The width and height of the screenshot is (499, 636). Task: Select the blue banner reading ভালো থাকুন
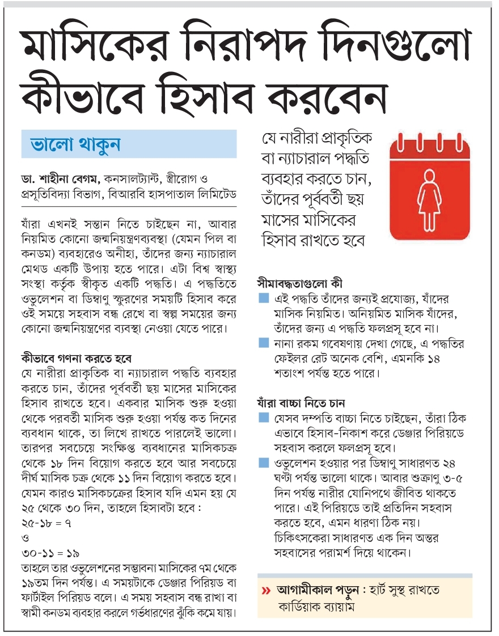128,144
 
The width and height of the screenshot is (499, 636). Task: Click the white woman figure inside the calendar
430,195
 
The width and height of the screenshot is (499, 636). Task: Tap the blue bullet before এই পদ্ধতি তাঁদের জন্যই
263,298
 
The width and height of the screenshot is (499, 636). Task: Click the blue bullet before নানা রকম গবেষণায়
263,343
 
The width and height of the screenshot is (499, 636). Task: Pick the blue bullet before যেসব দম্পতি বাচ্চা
263,418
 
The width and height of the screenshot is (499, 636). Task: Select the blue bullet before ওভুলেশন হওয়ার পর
263,463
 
